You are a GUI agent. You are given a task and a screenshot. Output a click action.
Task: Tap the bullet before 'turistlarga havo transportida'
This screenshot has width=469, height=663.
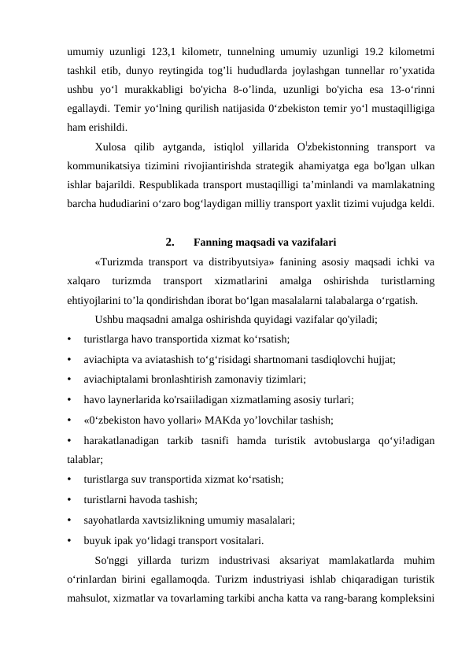pyautogui.click(x=71, y=339)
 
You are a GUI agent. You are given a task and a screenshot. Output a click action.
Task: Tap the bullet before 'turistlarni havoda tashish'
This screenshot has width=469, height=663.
pyautogui.click(x=71, y=500)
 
